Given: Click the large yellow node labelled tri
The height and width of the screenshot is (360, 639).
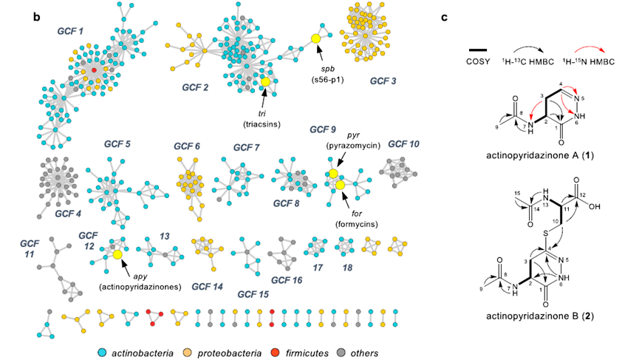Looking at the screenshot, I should pos(265,81).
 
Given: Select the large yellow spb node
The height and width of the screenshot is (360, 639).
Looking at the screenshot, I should pos(315,38).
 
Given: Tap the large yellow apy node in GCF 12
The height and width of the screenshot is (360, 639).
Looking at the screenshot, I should pos(117,255).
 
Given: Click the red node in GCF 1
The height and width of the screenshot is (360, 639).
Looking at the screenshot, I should pos(94,69).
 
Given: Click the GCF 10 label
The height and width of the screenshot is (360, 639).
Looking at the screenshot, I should pos(403,143).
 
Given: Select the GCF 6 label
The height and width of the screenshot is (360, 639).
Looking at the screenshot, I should pos(187,146).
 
